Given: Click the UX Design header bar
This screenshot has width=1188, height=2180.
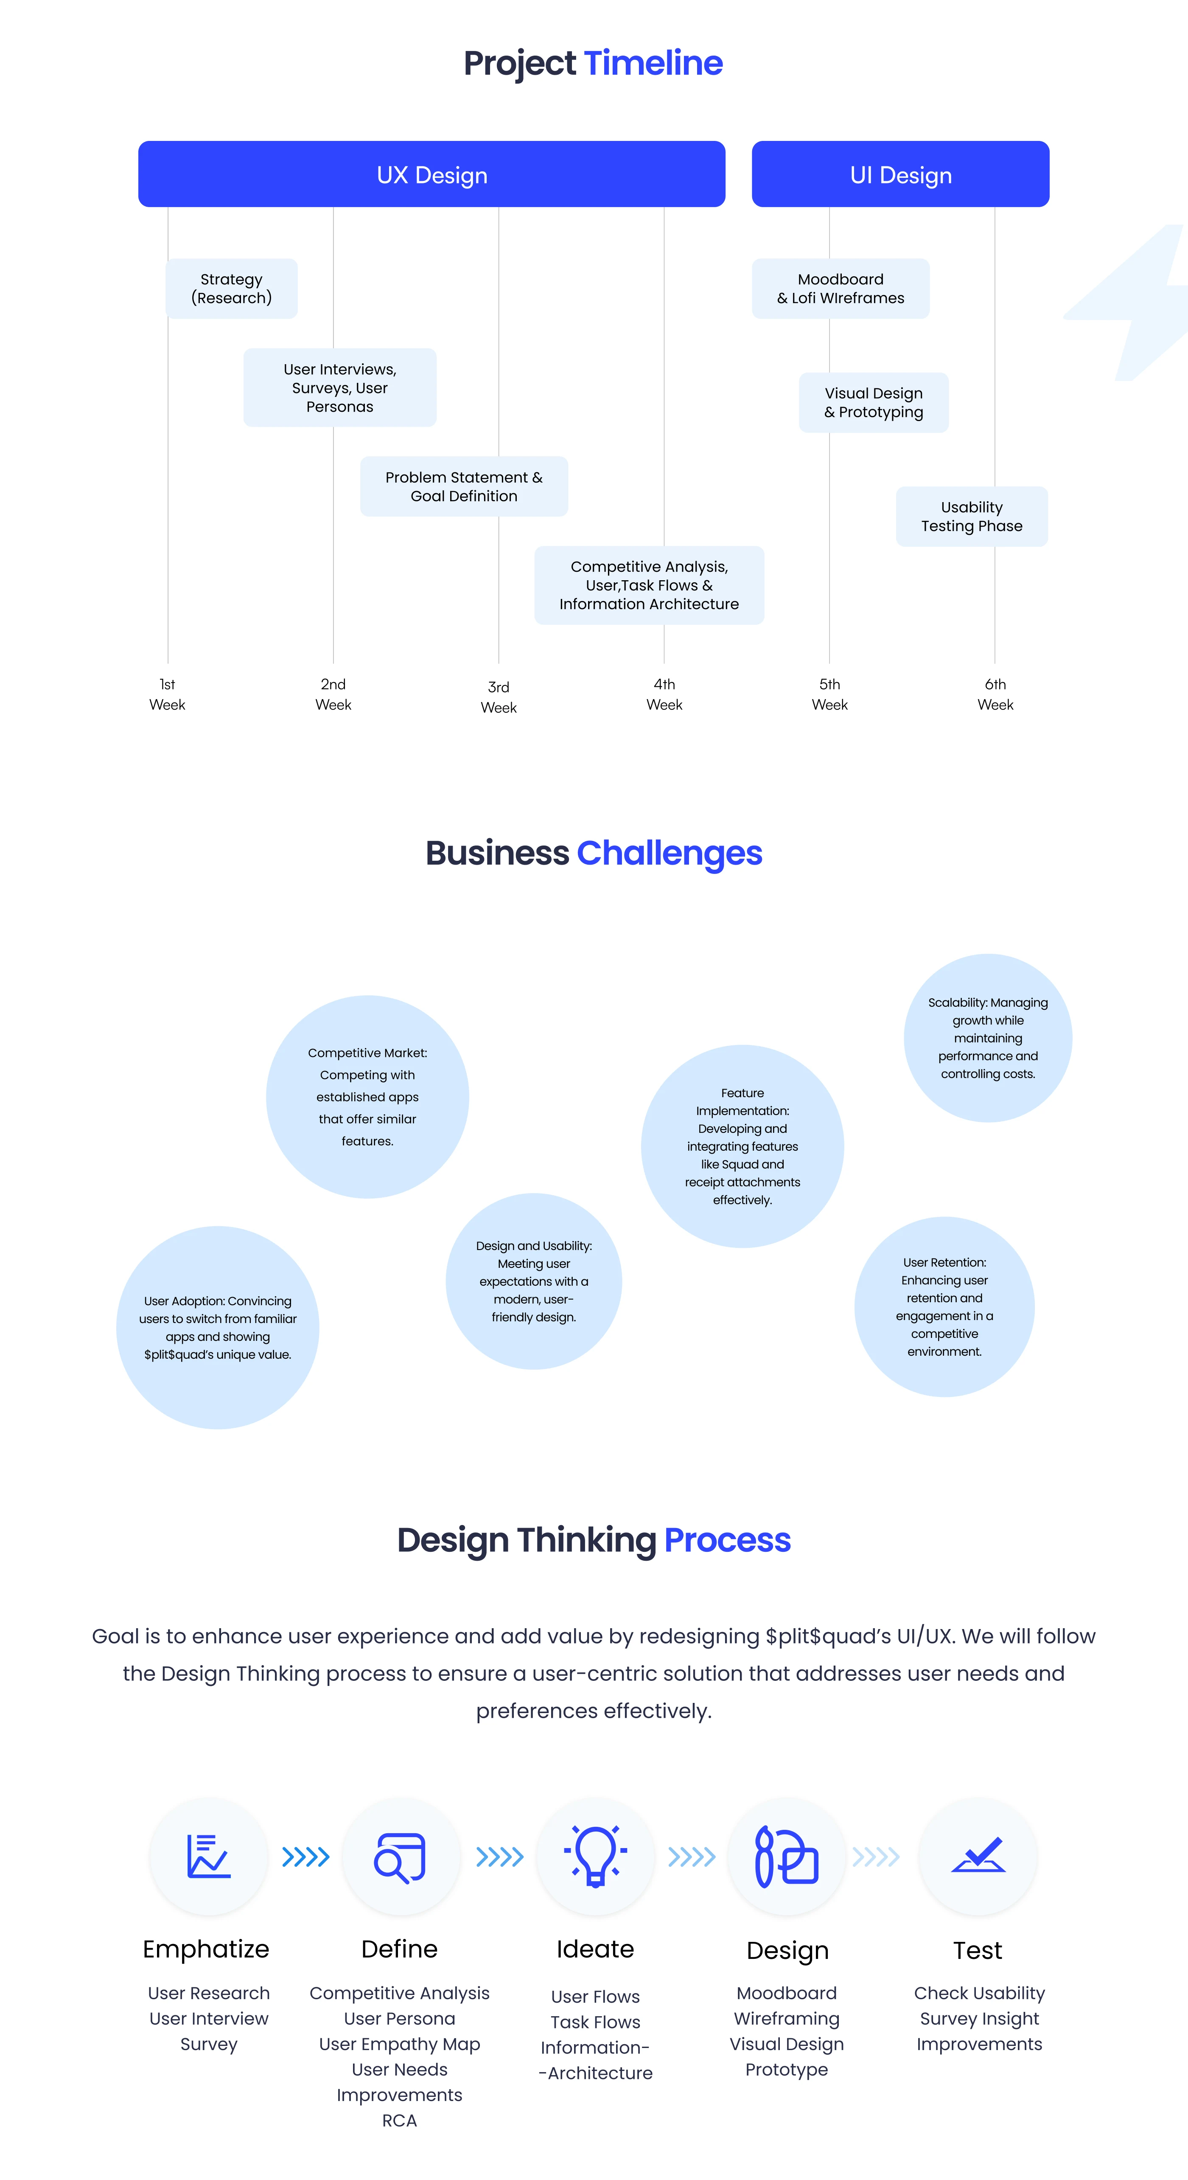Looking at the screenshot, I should pyautogui.click(x=431, y=174).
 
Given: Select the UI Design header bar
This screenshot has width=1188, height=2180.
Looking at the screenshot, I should pyautogui.click(x=900, y=174).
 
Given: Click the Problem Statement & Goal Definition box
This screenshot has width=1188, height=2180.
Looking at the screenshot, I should pyautogui.click(x=464, y=486).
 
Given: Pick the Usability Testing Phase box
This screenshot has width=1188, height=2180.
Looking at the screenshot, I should pyautogui.click(x=971, y=516).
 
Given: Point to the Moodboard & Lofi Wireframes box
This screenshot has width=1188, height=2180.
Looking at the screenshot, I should pyautogui.click(x=840, y=289).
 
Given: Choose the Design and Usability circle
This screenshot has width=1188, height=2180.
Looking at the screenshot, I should pyautogui.click(x=534, y=1281).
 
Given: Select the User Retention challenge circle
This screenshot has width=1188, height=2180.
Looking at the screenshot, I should pyautogui.click(x=944, y=1306).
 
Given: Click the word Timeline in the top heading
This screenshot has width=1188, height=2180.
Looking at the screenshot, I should pyautogui.click(x=653, y=64).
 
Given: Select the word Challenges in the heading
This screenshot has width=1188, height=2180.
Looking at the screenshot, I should pyautogui.click(x=669, y=853).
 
